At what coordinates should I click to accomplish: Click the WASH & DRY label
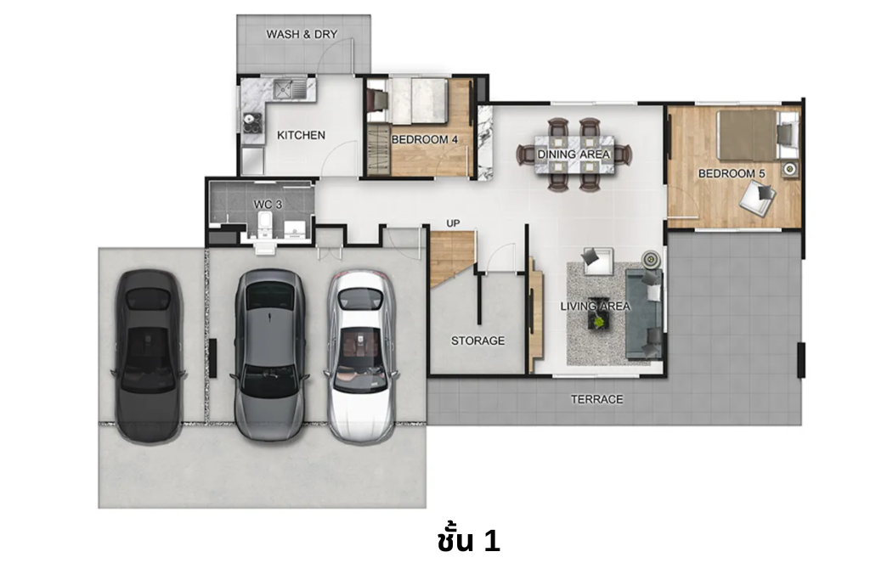click(302, 35)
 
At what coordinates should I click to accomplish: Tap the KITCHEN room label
click(301, 135)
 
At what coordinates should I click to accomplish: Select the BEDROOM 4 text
click(424, 139)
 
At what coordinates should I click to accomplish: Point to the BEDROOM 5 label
click(732, 173)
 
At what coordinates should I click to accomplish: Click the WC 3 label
click(268, 205)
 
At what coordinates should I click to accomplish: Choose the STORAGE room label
click(477, 341)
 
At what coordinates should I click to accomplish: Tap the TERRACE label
click(596, 399)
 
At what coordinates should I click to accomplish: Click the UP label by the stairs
click(453, 223)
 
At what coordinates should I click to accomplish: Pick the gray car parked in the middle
click(269, 353)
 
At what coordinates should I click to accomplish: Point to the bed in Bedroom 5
click(748, 134)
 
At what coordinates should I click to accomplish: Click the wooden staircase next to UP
click(450, 257)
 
